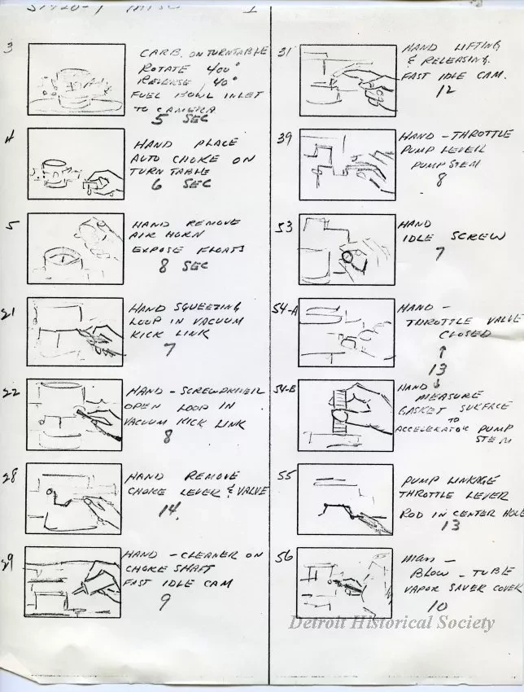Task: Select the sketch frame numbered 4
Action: pos(75,164)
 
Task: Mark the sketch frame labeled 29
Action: pos(75,584)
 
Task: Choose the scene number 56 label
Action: pos(284,558)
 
